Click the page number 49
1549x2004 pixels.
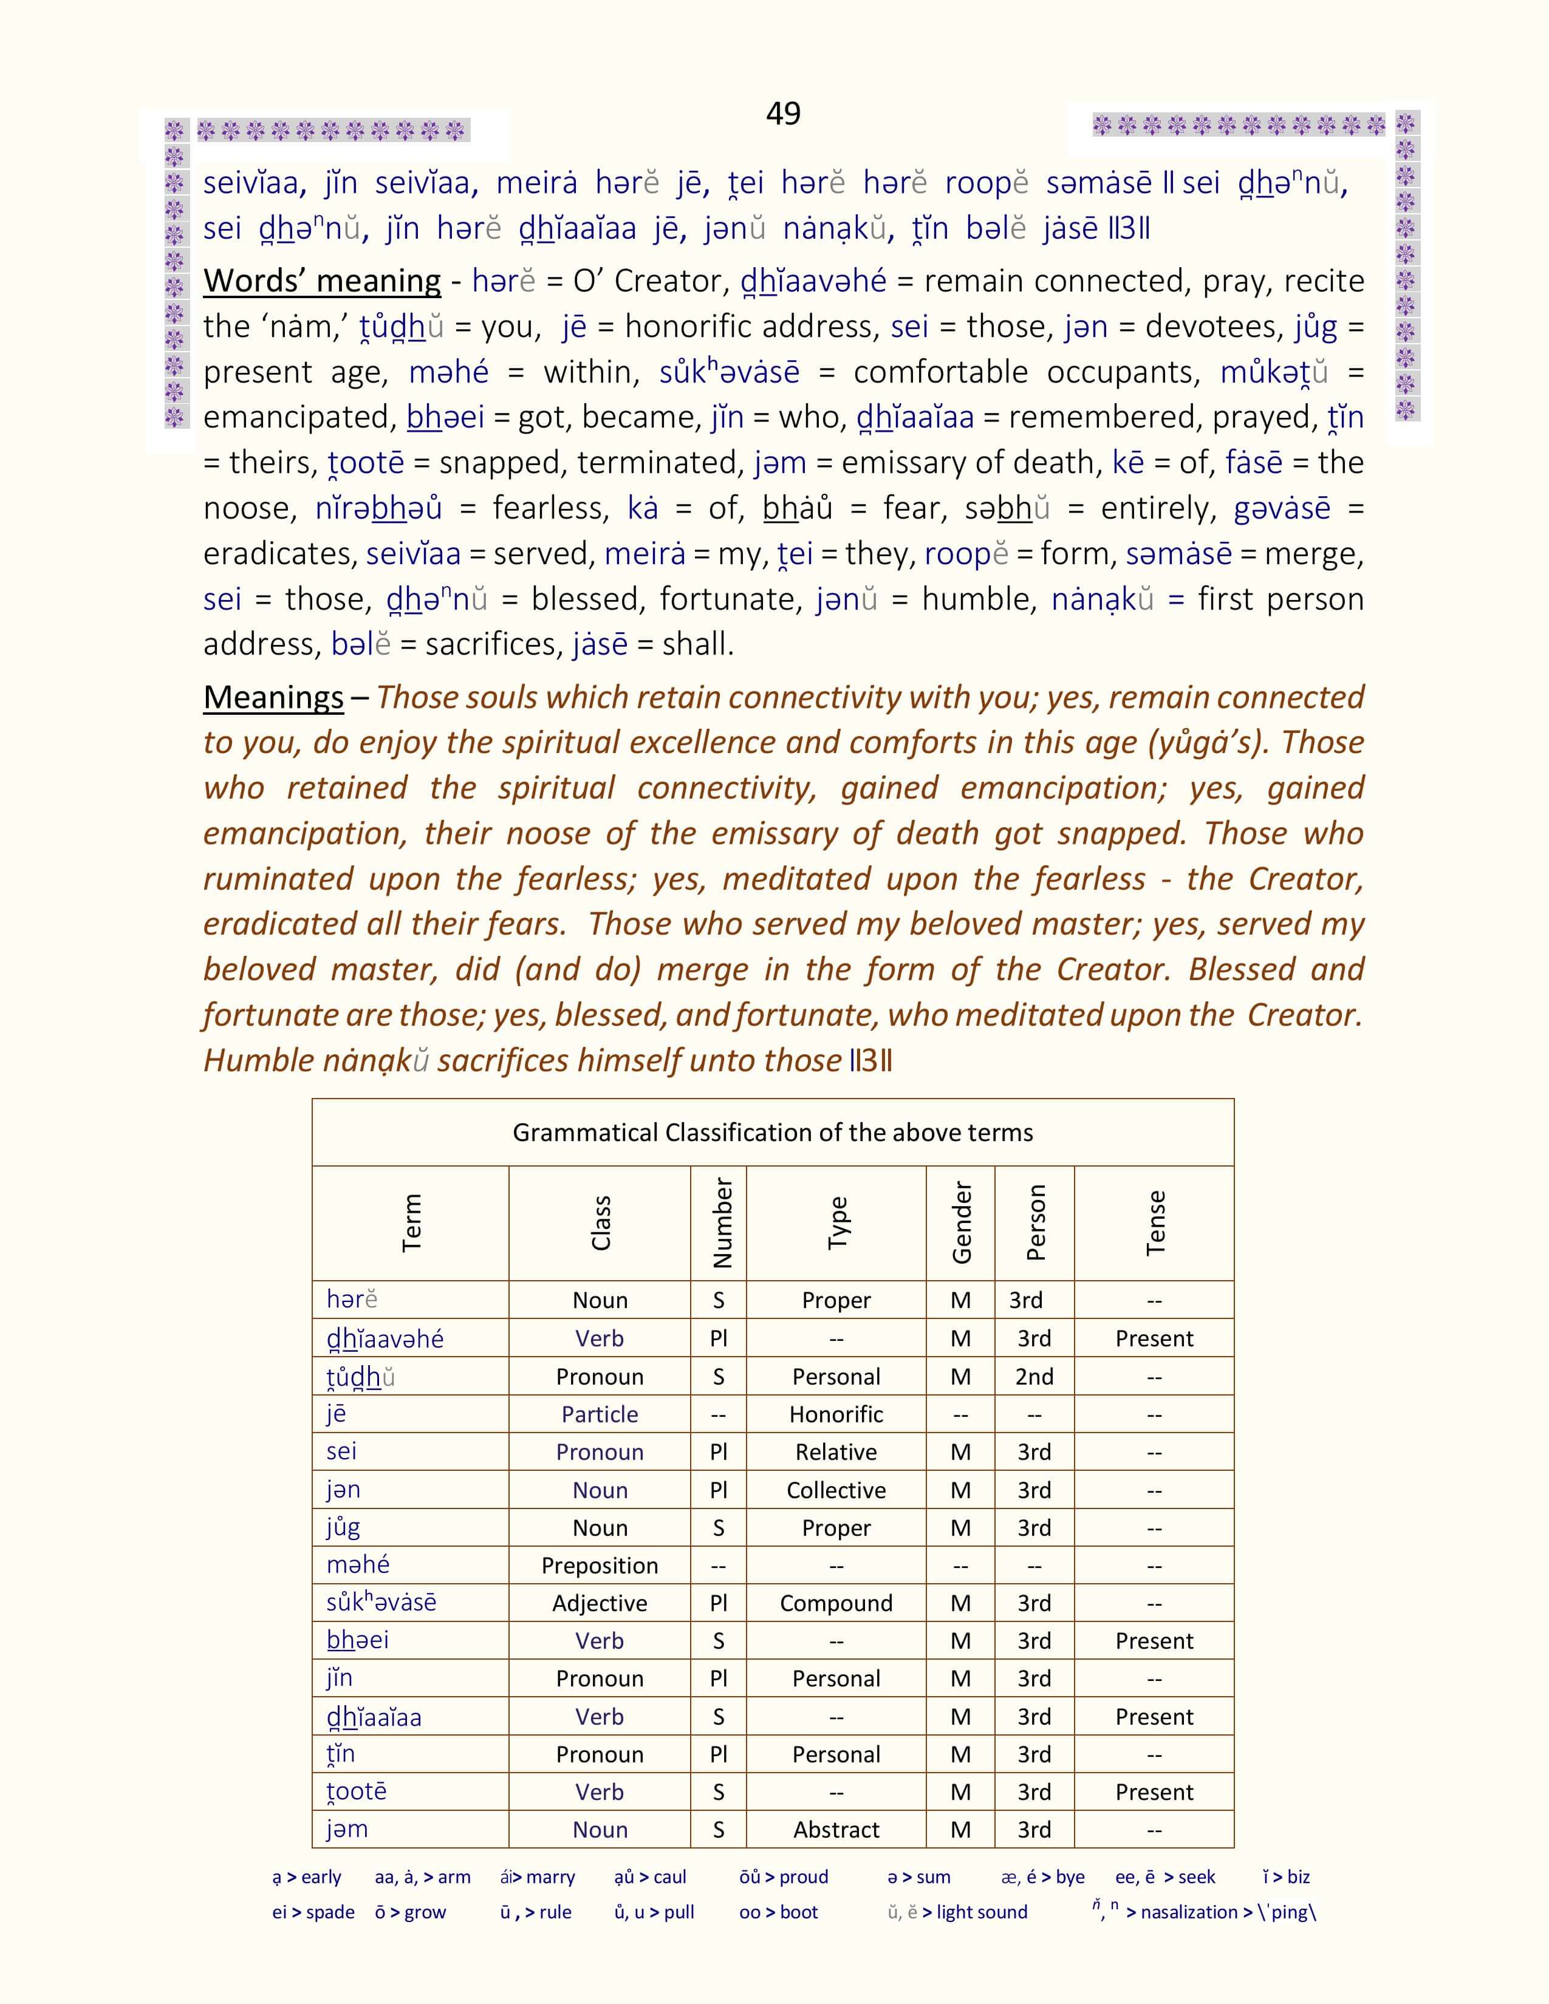click(x=783, y=113)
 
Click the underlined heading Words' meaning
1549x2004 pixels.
click(x=322, y=281)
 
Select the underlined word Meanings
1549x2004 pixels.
click(x=273, y=697)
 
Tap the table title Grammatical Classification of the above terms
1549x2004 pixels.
click(x=773, y=1133)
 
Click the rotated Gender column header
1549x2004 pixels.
click(x=961, y=1222)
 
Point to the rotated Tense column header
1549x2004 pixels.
click(x=1154, y=1222)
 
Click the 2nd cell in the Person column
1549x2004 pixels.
click(x=1034, y=1376)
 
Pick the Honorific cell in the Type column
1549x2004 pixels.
click(x=836, y=1414)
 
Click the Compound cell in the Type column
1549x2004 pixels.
click(x=836, y=1603)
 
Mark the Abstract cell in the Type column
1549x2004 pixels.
click(x=836, y=1830)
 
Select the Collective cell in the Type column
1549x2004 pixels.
click(x=836, y=1490)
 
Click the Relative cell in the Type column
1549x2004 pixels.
click(x=836, y=1451)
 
